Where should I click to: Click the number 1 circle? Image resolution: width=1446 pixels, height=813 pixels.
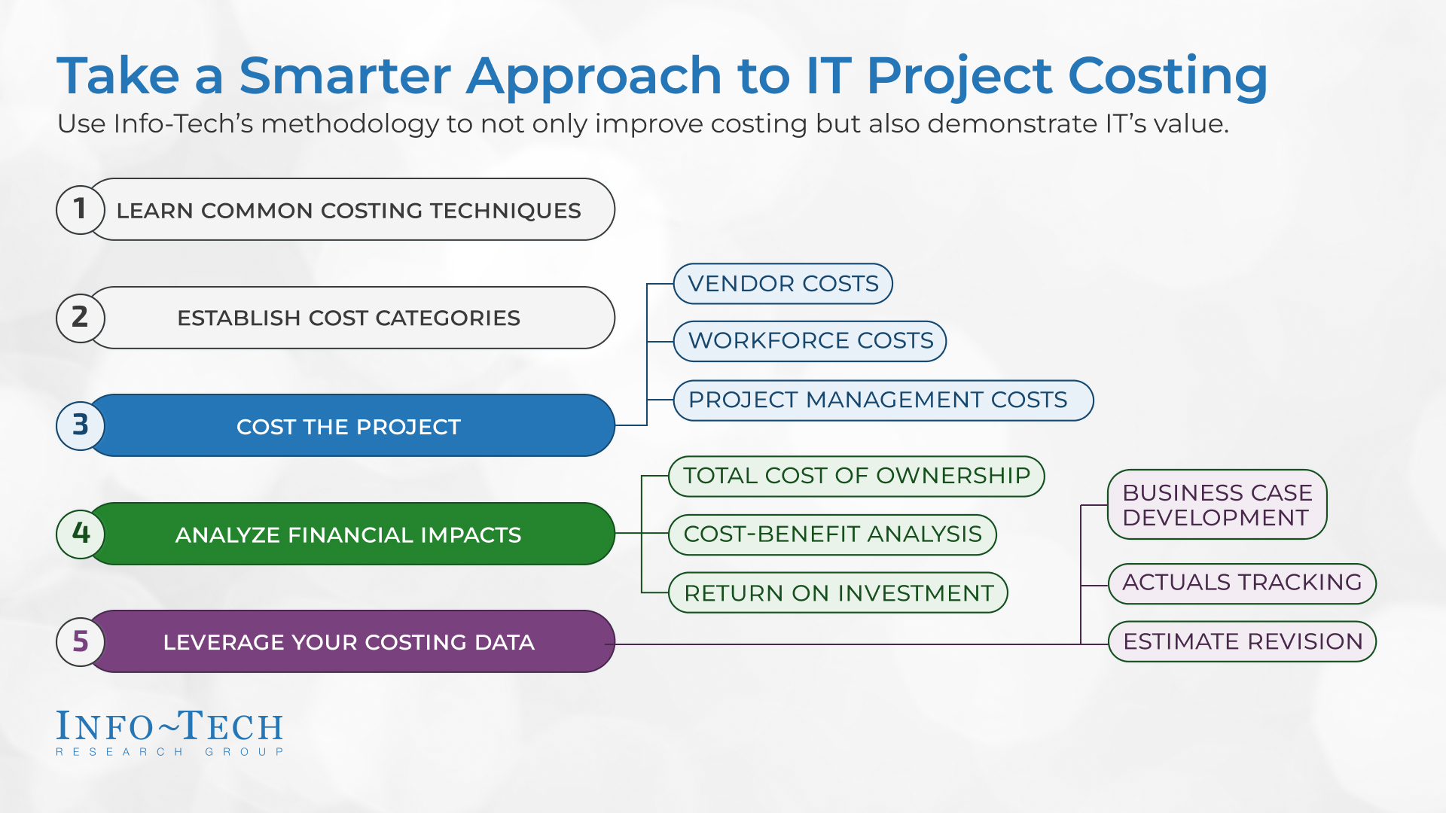[x=81, y=210]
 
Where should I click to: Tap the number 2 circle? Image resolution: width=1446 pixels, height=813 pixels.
[x=81, y=318]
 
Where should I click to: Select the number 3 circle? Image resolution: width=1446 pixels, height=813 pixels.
[x=81, y=425]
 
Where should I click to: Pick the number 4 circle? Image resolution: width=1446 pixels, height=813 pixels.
[x=81, y=534]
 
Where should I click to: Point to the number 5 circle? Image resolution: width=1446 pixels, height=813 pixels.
[x=81, y=641]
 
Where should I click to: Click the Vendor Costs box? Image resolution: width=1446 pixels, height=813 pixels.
[x=783, y=284]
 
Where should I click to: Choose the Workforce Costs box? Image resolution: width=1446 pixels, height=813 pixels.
[x=810, y=341]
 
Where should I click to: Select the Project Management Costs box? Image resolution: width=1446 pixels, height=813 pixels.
[x=883, y=400]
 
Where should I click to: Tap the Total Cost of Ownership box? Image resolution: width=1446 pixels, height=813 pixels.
[x=856, y=476]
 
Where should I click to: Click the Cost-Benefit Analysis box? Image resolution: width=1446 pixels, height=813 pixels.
[x=832, y=534]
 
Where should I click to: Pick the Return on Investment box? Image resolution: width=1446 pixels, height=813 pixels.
[x=838, y=593]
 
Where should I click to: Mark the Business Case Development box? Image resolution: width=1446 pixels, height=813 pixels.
[x=1217, y=504]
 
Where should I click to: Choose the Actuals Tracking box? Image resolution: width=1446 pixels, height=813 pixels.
[x=1242, y=583]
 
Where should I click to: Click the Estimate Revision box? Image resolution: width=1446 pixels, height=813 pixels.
[x=1242, y=641]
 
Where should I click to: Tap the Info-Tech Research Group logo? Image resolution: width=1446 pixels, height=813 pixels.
[x=170, y=732]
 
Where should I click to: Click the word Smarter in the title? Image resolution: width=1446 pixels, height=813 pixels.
[x=345, y=76]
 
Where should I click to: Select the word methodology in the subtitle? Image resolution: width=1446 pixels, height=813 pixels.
[x=350, y=124]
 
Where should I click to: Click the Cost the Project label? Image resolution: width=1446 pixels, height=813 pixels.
[x=349, y=427]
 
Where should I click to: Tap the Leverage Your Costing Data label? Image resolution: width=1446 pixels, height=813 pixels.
[x=349, y=642]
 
